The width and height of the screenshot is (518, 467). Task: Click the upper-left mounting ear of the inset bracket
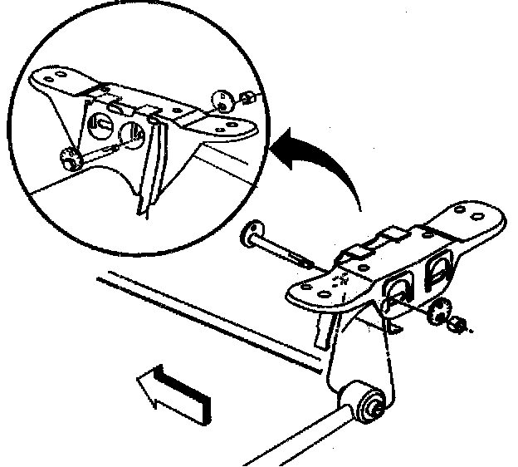[x=51, y=77]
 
